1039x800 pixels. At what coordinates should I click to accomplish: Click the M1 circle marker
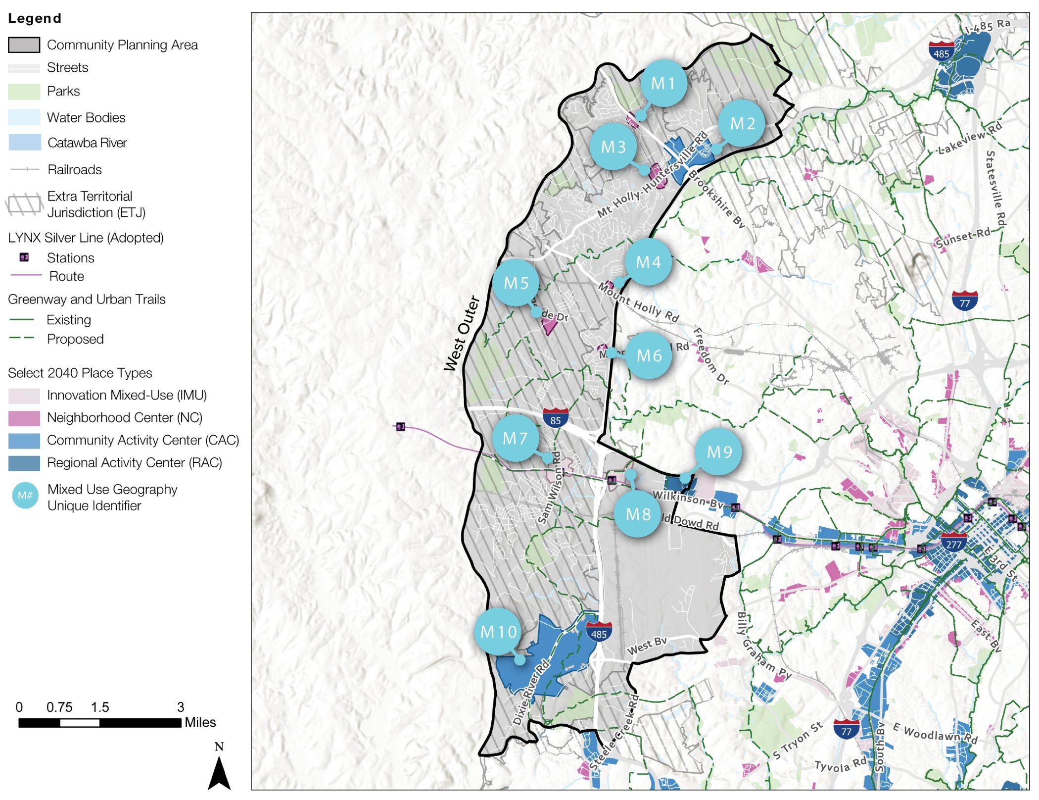pyautogui.click(x=663, y=83)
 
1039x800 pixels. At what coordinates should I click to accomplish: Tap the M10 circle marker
pyautogui.click(x=498, y=632)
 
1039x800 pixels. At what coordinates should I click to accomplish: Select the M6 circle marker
pyautogui.click(x=649, y=355)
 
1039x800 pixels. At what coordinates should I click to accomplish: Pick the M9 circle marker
pyautogui.click(x=718, y=452)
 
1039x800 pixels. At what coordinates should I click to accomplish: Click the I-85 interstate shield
pyautogui.click(x=555, y=418)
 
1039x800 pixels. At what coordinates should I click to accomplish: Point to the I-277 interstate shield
pyautogui.click(x=953, y=543)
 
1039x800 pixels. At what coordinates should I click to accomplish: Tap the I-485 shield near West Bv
pyautogui.click(x=599, y=632)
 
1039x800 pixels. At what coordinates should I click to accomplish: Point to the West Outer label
pyautogui.click(x=462, y=333)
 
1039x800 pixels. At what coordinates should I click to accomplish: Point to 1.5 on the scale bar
pyautogui.click(x=99, y=707)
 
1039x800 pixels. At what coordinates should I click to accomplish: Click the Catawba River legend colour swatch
pyautogui.click(x=24, y=143)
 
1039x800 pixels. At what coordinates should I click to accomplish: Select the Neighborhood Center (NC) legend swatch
pyautogui.click(x=24, y=418)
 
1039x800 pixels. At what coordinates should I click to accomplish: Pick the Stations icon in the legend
pyautogui.click(x=24, y=257)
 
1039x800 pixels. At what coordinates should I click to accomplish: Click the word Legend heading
pyautogui.click(x=35, y=18)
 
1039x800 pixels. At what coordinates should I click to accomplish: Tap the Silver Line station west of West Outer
pyautogui.click(x=401, y=426)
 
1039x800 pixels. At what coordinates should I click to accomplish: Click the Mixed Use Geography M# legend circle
pyautogui.click(x=25, y=496)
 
